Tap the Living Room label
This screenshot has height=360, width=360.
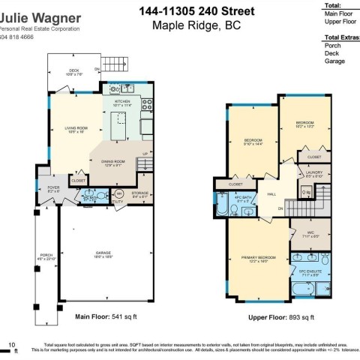(x=73, y=129)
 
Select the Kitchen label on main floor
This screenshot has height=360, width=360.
(x=122, y=102)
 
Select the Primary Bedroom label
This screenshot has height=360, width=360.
(x=259, y=258)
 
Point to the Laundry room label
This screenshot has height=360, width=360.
(x=314, y=173)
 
